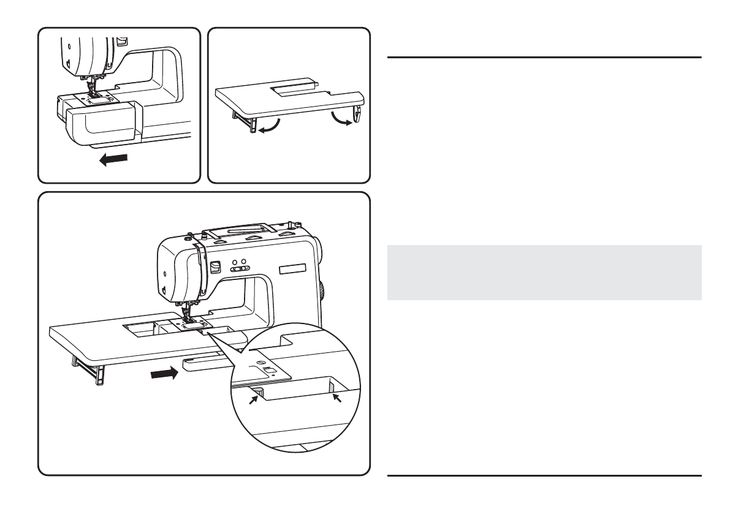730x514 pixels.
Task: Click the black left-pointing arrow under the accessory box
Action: click(x=115, y=159)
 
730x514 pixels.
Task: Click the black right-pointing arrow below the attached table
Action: click(x=165, y=372)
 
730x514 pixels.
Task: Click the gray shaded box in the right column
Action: click(x=544, y=273)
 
